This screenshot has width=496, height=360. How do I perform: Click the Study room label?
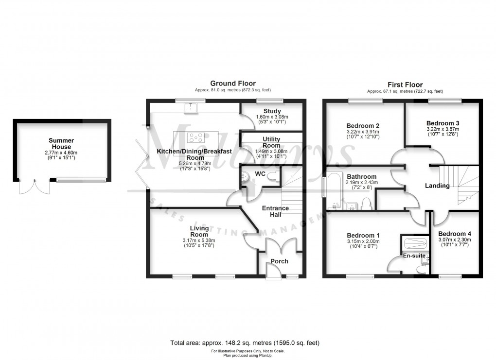(272, 111)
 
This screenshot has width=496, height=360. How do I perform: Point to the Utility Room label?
(271, 142)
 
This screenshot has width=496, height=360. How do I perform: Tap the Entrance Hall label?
(275, 212)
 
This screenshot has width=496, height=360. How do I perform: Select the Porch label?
(279, 261)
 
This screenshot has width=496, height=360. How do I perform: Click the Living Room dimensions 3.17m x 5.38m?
(199, 240)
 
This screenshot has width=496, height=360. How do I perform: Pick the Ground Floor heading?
(232, 84)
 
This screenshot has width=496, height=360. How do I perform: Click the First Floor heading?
(405, 85)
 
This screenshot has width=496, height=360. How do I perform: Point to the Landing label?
(437, 186)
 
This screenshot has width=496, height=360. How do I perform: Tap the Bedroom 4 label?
(455, 233)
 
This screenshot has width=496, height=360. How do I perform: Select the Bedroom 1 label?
(364, 235)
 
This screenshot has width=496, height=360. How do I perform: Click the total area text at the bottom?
(245, 343)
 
